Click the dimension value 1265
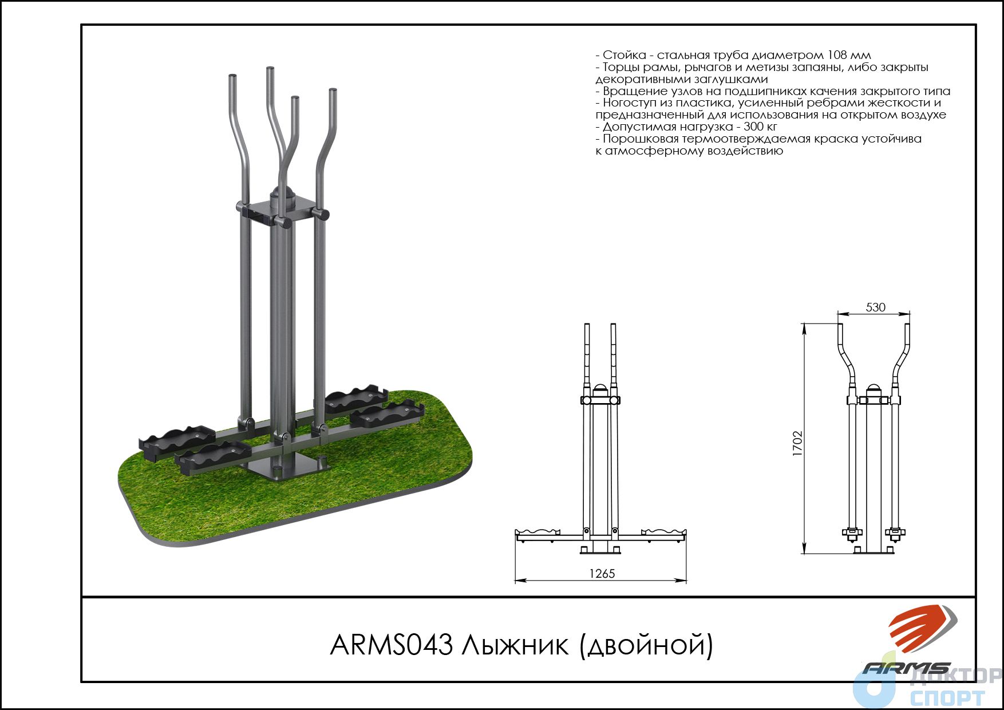(602, 573)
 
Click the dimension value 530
(875, 307)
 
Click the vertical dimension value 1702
(798, 443)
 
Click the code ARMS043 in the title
(392, 645)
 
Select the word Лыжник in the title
(516, 645)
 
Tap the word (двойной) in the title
(646, 646)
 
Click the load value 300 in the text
(752, 127)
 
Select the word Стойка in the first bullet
(624, 56)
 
